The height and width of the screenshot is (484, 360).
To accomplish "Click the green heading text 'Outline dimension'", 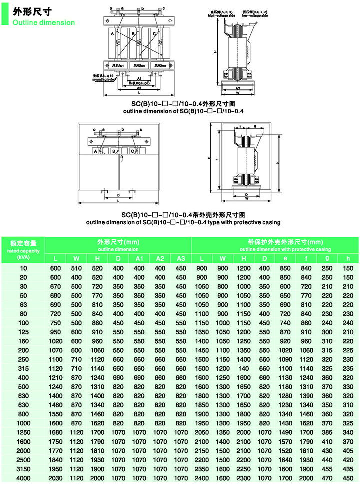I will click(44, 22).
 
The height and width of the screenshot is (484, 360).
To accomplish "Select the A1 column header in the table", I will click(139, 258).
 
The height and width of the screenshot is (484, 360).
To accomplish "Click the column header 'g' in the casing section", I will click(327, 258).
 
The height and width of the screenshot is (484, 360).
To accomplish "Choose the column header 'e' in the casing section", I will click(285, 258).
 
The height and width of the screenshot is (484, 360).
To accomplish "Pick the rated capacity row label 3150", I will click(23, 469).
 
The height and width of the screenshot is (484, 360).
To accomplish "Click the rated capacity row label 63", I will click(23, 304).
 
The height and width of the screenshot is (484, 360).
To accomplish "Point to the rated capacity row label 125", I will click(23, 331).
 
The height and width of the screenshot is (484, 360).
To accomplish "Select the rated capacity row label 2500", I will click(23, 460).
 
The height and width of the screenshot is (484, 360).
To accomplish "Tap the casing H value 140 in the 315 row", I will click(243, 368).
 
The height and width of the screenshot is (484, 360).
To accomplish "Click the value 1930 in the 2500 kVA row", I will click(97, 460).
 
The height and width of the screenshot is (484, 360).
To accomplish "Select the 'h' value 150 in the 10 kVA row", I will click(348, 268).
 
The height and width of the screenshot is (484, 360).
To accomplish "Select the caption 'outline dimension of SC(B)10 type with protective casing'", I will click(183, 222).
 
